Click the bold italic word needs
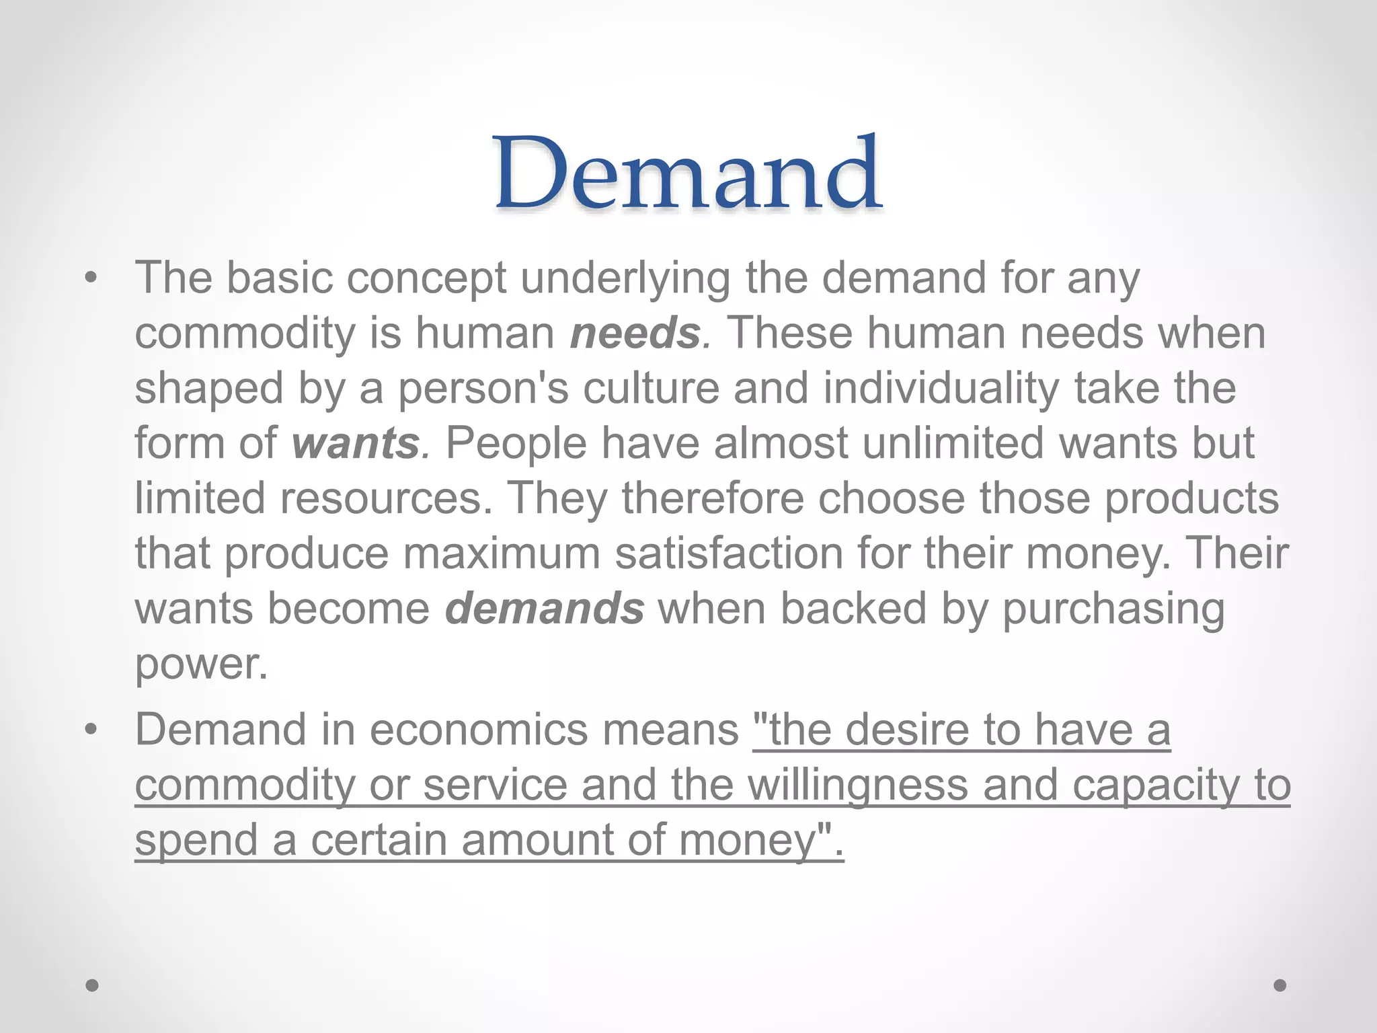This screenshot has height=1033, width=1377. point(635,333)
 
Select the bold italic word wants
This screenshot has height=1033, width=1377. point(356,443)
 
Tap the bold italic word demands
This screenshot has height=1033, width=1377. point(544,609)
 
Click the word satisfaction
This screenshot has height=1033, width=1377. point(728,553)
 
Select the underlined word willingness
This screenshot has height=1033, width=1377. point(858,785)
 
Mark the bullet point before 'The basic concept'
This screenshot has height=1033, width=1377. point(92,278)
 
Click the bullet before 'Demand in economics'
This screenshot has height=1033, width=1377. point(92,730)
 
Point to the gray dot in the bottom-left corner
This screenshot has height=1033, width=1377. point(93,986)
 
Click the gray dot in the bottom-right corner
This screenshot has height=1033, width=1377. point(1280,986)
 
